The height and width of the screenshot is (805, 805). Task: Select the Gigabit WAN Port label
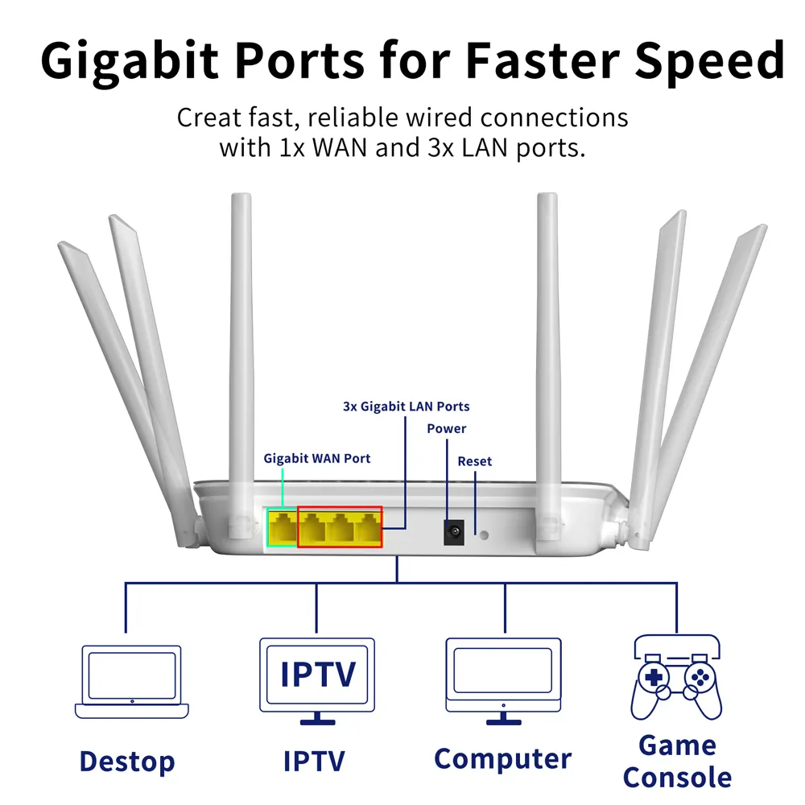tap(317, 458)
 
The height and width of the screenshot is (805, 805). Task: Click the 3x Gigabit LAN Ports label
tap(406, 407)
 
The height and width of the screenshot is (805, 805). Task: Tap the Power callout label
tap(446, 429)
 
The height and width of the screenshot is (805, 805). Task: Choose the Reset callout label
tap(474, 461)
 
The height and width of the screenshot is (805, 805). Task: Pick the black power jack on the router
tap(455, 531)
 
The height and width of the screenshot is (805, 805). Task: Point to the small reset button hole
tap(483, 533)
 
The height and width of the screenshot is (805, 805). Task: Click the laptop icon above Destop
tap(131, 681)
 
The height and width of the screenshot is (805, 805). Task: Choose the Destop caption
tap(127, 761)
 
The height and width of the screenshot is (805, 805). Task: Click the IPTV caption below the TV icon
tap(314, 761)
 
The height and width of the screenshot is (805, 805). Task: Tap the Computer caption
tap(502, 758)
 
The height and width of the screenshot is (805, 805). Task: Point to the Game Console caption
tap(677, 762)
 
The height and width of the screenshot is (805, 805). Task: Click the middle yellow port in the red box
tap(341, 528)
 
